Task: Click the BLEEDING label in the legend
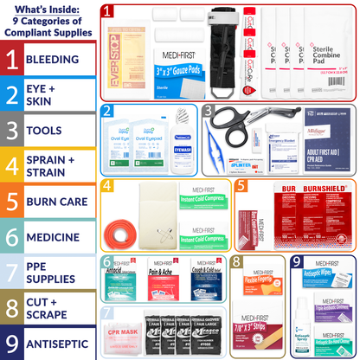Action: coord(57,59)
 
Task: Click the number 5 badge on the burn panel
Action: coord(241,185)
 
